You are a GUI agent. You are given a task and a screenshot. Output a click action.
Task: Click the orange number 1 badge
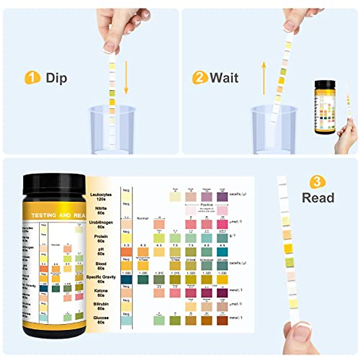pyautogui.click(x=32, y=78)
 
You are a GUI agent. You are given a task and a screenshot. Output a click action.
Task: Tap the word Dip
pyautogui.click(x=56, y=78)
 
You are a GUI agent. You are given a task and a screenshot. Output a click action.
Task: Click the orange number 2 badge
pyautogui.click(x=199, y=78)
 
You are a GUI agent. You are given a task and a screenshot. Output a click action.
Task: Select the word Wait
pyautogui.click(x=224, y=78)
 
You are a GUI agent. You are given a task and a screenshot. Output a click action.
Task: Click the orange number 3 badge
pyautogui.click(x=317, y=182)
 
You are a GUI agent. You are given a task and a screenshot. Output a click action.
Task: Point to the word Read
pyautogui.click(x=318, y=198)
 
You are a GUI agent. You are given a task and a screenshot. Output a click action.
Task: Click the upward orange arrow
pyautogui.click(x=264, y=78)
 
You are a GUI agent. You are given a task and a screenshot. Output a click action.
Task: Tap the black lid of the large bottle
pyautogui.click(x=54, y=184)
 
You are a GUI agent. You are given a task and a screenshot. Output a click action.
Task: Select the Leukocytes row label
pyautogui.click(x=101, y=196)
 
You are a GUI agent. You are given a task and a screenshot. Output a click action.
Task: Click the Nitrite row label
pyautogui.click(x=101, y=210)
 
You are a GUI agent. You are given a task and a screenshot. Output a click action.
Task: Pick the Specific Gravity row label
pyautogui.click(x=101, y=279)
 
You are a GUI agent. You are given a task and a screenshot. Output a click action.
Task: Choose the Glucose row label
pyautogui.click(x=101, y=320)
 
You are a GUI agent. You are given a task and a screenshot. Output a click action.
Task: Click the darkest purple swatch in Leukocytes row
pyautogui.click(x=222, y=197)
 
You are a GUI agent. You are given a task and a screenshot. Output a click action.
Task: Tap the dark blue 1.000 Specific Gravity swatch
pyautogui.click(x=126, y=279)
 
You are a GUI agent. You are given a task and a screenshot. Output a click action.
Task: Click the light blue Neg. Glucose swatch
pyautogui.click(x=126, y=320)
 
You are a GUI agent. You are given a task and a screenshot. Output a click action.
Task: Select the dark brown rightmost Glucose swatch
pyautogui.click(x=222, y=320)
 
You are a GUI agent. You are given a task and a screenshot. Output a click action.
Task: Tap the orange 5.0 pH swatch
pyautogui.click(x=126, y=252)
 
